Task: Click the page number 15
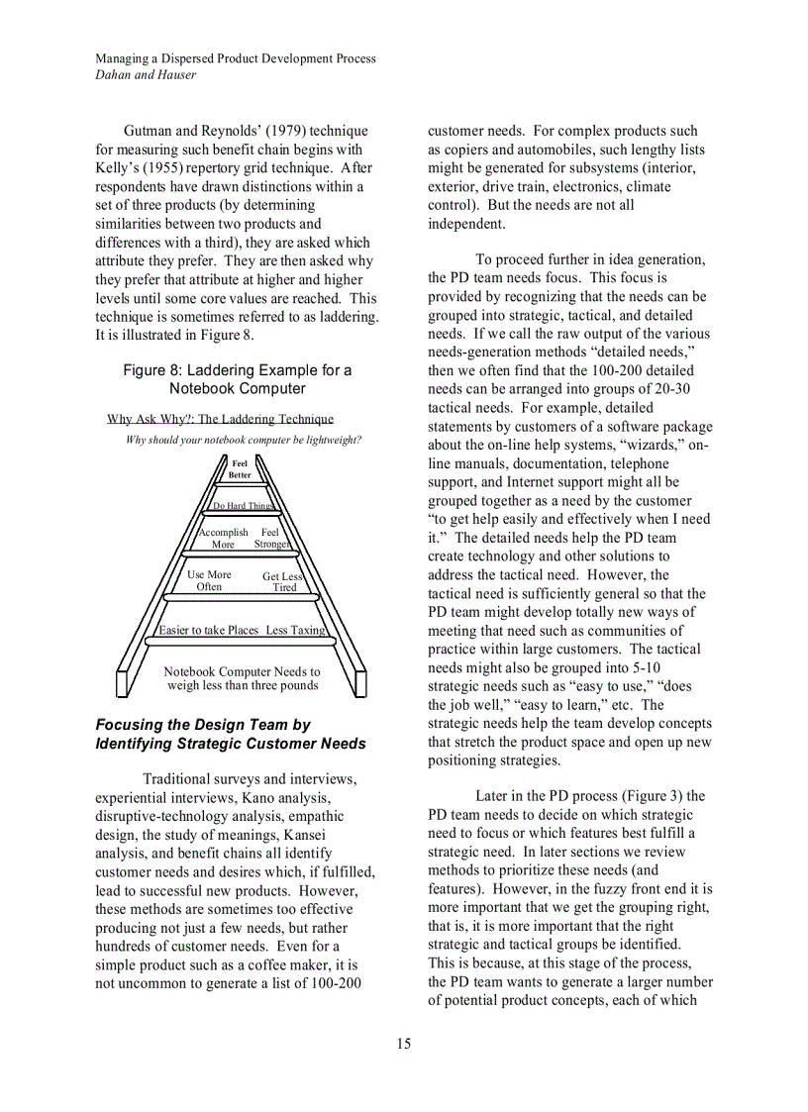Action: point(404,1043)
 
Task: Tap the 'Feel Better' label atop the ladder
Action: point(240,468)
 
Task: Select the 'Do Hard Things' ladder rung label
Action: point(244,506)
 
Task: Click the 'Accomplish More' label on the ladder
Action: point(223,538)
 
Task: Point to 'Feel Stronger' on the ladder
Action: point(270,538)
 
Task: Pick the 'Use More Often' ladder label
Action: point(209,580)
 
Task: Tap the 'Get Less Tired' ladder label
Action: point(283,581)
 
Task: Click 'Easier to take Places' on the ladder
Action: point(209,630)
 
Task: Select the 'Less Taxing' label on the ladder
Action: point(295,630)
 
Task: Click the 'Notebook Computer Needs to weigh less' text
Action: point(243,678)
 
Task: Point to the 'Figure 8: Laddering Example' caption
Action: point(237,379)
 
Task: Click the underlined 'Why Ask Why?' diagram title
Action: point(220,419)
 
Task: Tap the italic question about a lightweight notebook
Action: point(244,440)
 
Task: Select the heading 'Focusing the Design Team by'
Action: point(203,725)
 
